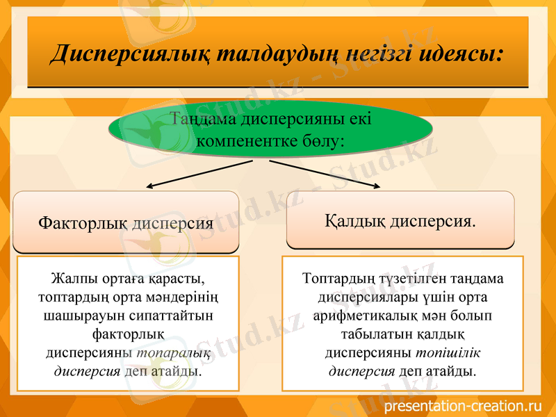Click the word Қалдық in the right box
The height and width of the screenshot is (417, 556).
click(355, 222)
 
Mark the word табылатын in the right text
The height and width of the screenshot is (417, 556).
click(361, 334)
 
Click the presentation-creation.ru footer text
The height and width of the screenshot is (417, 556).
click(461, 405)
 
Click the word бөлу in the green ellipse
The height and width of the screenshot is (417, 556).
click(327, 141)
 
